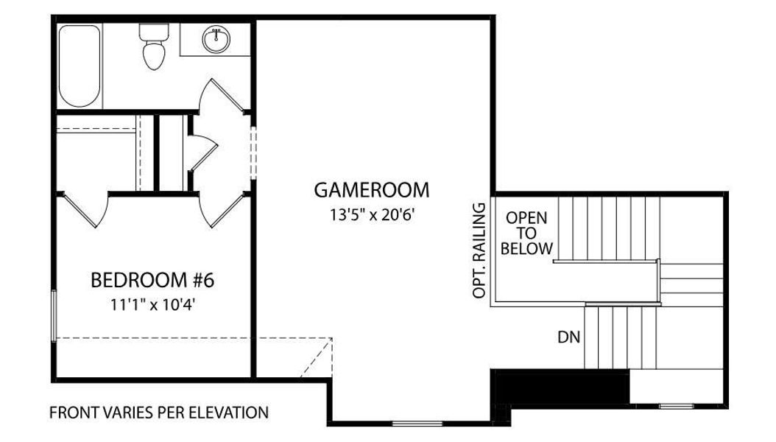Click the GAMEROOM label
[371, 190]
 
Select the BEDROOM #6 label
[152, 280]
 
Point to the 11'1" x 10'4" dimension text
[152, 304]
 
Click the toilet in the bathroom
[153, 48]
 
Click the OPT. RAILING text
[480, 250]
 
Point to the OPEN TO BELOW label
[526, 234]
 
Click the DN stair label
[568, 338]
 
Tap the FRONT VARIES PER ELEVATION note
[158, 413]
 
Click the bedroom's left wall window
[53, 315]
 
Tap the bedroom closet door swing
[86, 210]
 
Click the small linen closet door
[201, 152]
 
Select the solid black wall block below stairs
[560, 387]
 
